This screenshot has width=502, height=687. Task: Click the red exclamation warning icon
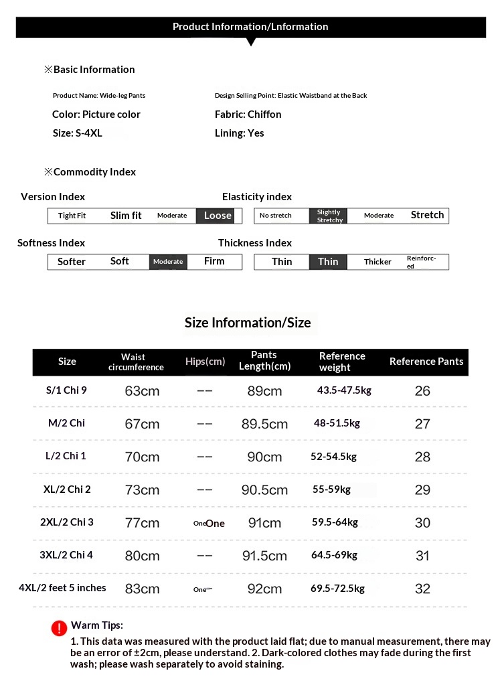tap(59, 628)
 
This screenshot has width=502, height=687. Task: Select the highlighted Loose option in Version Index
tap(217, 216)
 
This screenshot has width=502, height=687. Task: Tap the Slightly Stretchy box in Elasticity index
tap(329, 216)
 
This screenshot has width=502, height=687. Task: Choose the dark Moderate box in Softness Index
tap(167, 262)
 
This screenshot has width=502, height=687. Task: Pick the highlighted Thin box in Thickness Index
tap(328, 262)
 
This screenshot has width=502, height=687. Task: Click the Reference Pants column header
tap(426, 362)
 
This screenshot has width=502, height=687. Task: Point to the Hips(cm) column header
tap(205, 362)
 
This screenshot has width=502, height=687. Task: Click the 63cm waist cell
tap(142, 391)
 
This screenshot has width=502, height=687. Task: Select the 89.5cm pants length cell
tap(264, 424)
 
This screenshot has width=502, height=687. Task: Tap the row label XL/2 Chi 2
tap(67, 489)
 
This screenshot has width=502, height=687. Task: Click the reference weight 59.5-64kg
tap(335, 522)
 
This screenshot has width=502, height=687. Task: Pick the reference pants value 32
tap(422, 589)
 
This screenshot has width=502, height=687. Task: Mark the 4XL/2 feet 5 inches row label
tap(62, 588)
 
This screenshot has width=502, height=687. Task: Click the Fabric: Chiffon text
tap(248, 115)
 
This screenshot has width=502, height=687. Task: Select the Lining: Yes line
tap(239, 133)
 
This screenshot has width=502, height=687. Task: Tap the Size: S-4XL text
tap(77, 133)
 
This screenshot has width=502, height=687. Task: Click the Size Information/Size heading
tap(248, 323)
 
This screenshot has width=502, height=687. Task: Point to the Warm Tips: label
tap(97, 625)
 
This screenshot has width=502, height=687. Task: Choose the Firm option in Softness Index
tap(214, 261)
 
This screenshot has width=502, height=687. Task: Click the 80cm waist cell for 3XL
tap(142, 556)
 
